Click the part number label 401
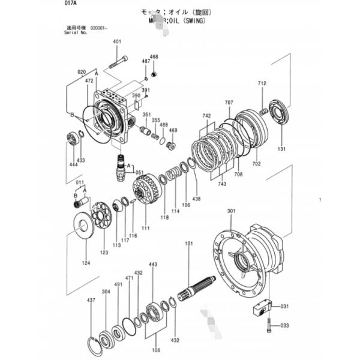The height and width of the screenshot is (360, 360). click(116, 41)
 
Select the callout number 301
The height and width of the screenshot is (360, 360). click(232, 211)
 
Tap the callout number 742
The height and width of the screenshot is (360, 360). click(206, 116)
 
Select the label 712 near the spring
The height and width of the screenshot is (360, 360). click(262, 84)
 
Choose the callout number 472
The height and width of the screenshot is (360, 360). click(89, 80)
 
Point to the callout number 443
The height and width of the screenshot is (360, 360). click(153, 264)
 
